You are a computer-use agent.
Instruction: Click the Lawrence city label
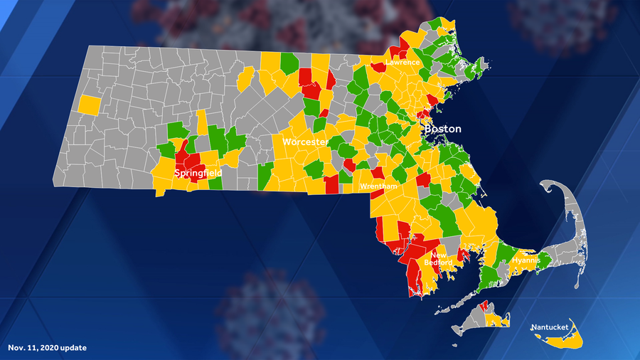coord(402,63)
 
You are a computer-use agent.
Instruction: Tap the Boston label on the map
coord(442,129)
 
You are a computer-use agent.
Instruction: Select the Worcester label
coord(305,142)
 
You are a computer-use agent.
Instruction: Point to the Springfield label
coord(198,173)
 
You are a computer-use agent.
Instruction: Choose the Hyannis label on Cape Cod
coord(526,261)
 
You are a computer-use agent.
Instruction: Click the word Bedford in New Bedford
coord(438,263)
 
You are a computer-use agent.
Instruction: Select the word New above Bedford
coord(439,255)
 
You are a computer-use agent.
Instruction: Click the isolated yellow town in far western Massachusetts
coord(90,105)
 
